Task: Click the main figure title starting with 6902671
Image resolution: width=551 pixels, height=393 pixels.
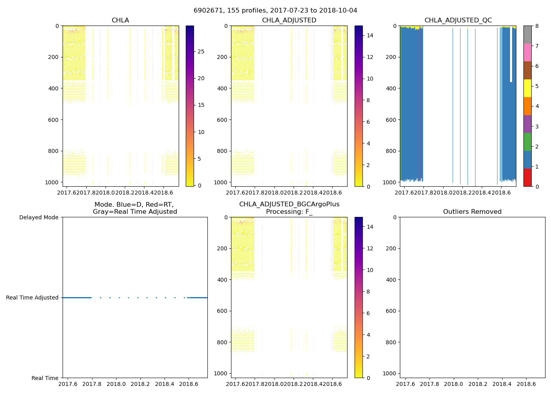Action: point(275,11)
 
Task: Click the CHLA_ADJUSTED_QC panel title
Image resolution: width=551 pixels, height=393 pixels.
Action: point(458,20)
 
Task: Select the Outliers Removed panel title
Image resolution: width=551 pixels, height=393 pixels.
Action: point(472,212)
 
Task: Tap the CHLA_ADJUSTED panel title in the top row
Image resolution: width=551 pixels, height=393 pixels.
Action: point(289,20)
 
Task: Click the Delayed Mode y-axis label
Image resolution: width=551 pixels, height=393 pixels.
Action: point(39,217)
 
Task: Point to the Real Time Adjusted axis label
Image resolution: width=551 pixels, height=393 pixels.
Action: point(32,298)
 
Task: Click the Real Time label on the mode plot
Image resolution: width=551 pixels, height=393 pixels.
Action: point(45,378)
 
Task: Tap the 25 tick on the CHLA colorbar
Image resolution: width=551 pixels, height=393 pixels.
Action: point(201,51)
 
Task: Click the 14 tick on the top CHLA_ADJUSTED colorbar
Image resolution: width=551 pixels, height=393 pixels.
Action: point(370,35)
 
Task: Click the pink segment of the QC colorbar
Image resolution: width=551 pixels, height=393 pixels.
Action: point(527,52)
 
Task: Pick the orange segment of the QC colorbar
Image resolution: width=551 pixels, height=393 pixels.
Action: point(527,106)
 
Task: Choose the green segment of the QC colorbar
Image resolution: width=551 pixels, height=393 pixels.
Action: point(527,141)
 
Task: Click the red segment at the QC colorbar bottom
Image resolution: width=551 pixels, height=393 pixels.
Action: point(527,177)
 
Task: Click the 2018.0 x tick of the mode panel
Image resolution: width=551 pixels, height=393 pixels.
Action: point(116,384)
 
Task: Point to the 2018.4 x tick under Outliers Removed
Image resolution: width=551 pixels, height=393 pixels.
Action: point(502,384)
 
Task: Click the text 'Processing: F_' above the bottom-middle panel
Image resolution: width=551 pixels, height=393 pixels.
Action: point(289,212)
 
